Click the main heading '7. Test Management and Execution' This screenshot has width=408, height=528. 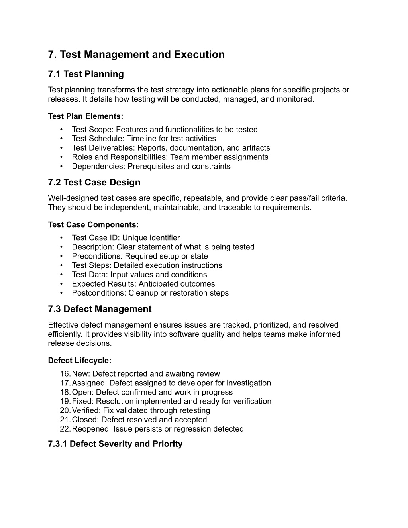click(136, 55)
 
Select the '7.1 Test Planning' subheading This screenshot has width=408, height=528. click(86, 74)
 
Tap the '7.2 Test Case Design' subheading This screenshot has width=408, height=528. click(94, 183)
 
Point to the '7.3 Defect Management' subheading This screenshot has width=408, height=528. click(100, 309)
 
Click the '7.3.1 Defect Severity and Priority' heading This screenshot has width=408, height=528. click(115, 444)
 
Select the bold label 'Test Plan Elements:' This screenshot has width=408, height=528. click(86, 116)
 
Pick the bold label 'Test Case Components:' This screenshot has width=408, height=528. click(93, 225)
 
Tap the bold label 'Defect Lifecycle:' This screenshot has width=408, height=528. click(80, 361)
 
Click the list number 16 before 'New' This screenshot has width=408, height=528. click(65, 374)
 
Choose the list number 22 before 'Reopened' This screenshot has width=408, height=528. click(65, 429)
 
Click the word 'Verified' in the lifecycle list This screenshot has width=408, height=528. click(85, 410)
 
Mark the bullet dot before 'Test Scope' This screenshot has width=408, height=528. click(61, 130)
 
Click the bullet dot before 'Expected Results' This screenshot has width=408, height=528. click(61, 284)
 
